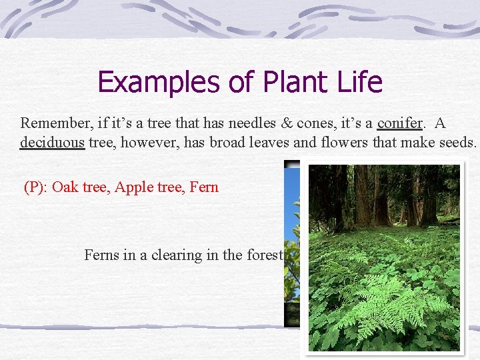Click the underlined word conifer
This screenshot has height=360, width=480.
[x=400, y=123]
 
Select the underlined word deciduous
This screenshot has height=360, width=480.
[x=53, y=143]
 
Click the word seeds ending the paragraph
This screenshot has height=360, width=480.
[x=456, y=143]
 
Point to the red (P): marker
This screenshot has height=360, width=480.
[x=35, y=187]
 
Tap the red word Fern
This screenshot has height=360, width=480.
[x=204, y=187]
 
